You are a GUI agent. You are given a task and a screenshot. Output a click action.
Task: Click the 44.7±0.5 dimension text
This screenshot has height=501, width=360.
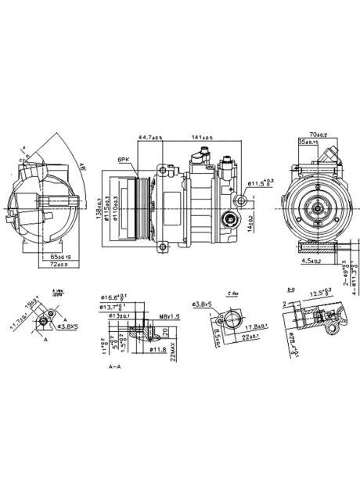(150, 139)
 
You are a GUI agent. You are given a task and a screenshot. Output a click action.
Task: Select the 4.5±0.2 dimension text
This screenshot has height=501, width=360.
(313, 262)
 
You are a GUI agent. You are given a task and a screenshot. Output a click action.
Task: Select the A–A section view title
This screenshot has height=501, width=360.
(114, 366)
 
